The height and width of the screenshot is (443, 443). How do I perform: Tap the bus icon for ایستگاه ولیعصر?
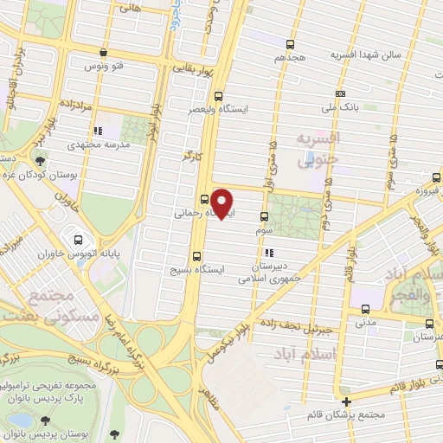[217, 97]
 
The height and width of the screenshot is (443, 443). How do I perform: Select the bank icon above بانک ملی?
[341, 93]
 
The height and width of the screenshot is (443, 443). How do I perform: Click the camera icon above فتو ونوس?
[103, 52]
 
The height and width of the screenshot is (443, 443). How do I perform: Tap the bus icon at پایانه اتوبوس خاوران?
[80, 240]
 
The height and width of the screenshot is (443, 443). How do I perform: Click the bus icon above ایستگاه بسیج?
[197, 255]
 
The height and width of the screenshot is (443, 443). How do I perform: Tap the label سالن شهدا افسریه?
[343, 54]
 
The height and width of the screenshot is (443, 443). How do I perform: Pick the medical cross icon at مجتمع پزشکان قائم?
[347, 402]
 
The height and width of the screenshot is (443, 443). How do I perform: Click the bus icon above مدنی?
[365, 307]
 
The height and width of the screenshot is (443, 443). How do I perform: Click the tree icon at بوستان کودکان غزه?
[41, 159]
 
